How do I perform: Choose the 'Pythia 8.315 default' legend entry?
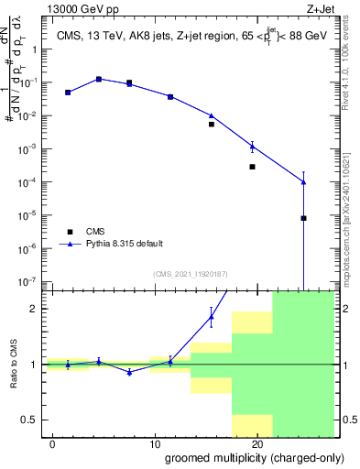coord(125,244)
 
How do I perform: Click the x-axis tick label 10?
coord(155,443)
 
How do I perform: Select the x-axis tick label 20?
coord(257,443)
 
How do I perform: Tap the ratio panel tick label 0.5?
coord(29,420)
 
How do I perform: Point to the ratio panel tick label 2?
coord(34,309)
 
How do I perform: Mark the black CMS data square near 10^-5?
coord(303,218)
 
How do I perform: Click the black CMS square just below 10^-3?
coord(252,167)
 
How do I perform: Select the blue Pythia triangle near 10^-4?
coord(303,182)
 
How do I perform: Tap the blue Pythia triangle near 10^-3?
coord(252,147)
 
